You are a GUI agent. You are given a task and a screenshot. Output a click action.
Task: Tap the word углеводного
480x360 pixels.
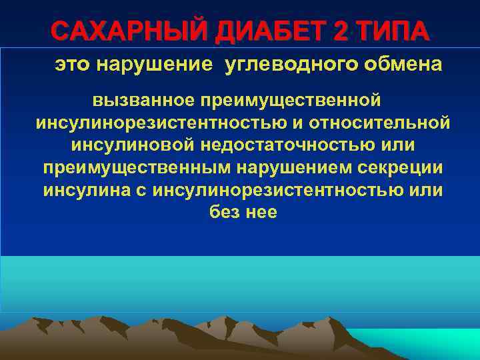(x=286, y=65)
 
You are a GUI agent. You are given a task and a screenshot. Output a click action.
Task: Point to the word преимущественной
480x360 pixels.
(x=289, y=101)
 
